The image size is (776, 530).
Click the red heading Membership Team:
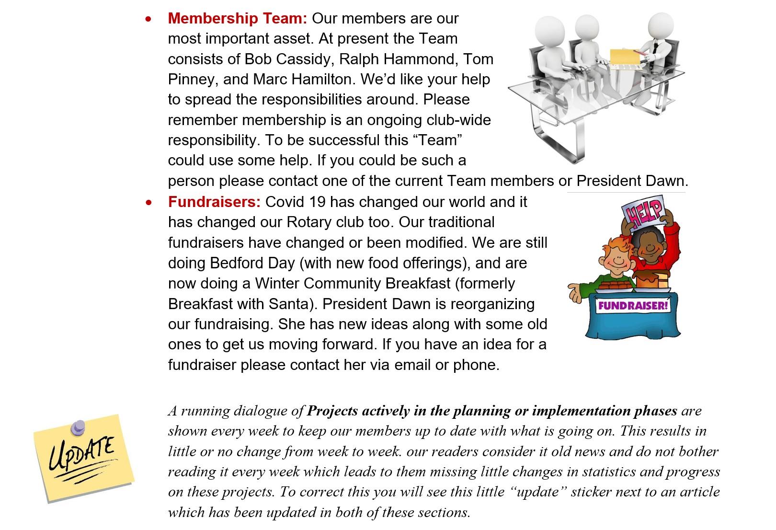[237, 18]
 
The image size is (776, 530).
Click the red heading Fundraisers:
[214, 202]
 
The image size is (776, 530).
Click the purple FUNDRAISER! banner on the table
[633, 305]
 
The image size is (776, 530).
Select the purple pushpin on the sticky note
[78, 426]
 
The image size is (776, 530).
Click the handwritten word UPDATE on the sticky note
[82, 454]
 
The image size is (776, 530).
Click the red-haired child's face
[616, 259]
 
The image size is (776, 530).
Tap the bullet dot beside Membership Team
[150, 19]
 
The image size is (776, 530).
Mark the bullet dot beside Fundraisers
[150, 202]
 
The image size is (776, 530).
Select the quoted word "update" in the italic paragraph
[538, 492]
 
